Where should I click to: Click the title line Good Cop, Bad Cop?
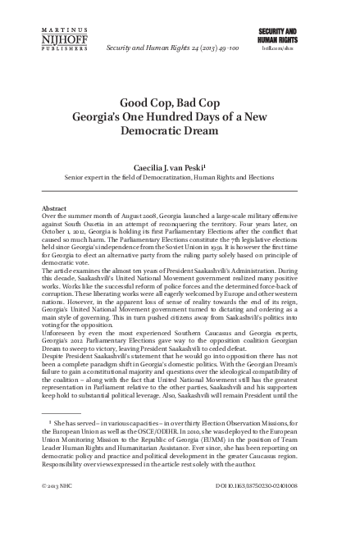click(x=180, y=102)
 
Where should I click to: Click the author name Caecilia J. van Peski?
click(x=179, y=166)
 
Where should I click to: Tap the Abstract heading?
click(x=54, y=209)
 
